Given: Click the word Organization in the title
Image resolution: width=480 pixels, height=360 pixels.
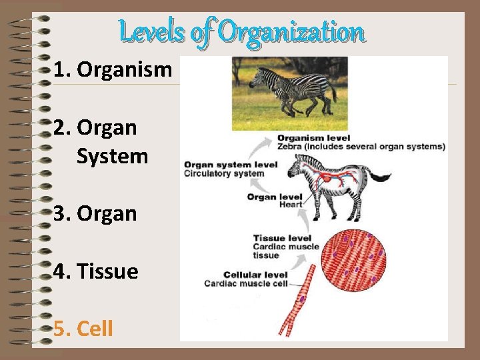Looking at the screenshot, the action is tap(291, 31).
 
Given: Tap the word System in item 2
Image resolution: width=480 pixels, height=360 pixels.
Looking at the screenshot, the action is tap(112, 156).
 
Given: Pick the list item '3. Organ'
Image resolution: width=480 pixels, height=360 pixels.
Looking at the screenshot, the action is tap(95, 213).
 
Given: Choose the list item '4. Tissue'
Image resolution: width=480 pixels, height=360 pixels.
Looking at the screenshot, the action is tap(96, 271).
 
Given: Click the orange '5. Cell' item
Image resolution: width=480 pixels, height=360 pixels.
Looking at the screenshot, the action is tap(84, 328).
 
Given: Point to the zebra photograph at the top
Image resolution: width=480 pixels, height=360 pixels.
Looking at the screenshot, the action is tap(289, 93).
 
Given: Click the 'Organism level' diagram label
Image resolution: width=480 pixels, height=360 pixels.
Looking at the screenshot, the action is tap(313, 138).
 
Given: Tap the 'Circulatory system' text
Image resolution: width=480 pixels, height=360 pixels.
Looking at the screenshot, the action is tap(224, 173).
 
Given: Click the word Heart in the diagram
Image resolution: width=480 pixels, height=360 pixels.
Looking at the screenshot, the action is tap(291, 205).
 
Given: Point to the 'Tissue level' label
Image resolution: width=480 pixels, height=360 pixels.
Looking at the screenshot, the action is tap(282, 238).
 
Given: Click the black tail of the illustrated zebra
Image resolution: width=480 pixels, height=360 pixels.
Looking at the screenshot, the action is tap(379, 177).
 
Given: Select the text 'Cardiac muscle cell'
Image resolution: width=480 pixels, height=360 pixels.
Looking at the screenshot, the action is tap(246, 283).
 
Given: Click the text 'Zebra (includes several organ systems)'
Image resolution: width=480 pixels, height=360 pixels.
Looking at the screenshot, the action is tap(361, 146).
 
